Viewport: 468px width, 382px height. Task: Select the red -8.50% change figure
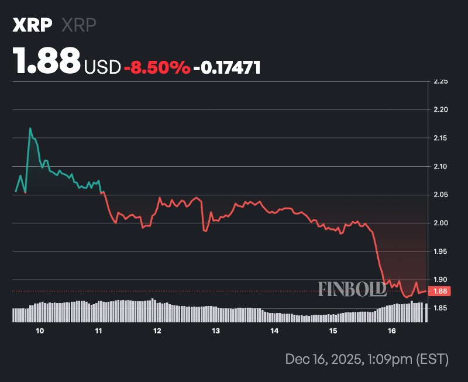click(157, 67)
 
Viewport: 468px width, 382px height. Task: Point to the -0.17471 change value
click(227, 67)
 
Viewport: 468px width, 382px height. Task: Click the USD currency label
click(102, 67)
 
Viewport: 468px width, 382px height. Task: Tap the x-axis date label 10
click(40, 331)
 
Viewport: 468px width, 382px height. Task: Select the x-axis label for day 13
click(216, 331)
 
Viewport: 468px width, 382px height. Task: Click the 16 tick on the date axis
click(392, 331)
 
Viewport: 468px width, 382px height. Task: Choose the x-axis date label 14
click(274, 331)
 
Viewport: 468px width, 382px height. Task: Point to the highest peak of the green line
click(30, 128)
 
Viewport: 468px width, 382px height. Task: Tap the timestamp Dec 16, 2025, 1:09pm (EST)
click(367, 359)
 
